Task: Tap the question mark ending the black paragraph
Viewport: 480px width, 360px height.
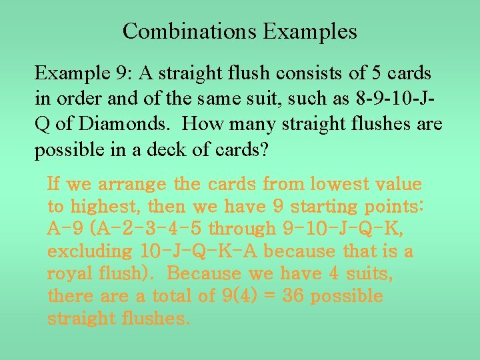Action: pyautogui.click(x=265, y=150)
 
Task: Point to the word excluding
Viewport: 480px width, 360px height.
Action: pyautogui.click(x=90, y=251)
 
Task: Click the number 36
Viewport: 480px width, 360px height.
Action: pyautogui.click(x=293, y=295)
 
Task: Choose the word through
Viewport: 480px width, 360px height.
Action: pyautogui.click(x=242, y=229)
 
